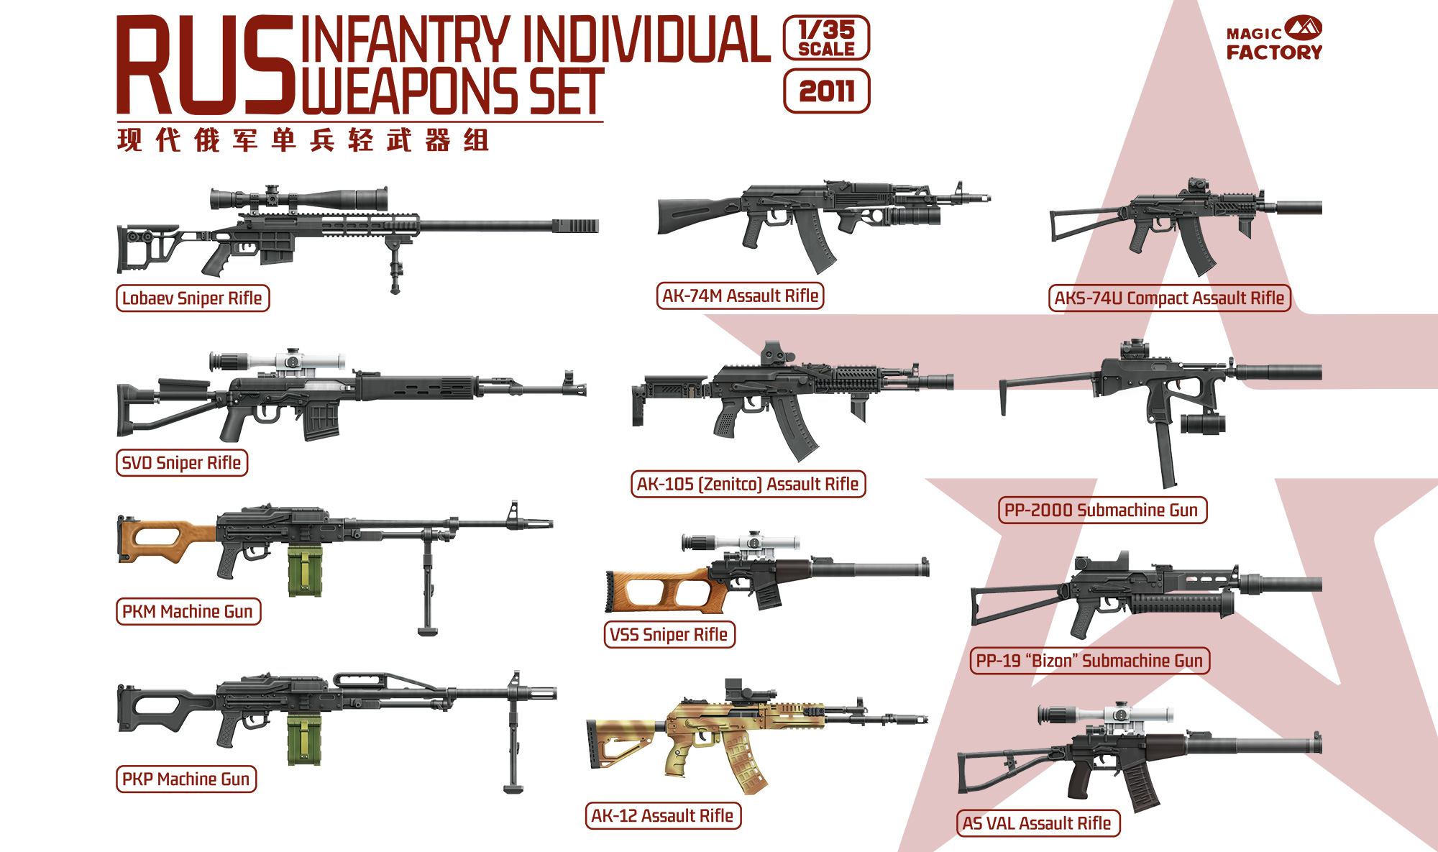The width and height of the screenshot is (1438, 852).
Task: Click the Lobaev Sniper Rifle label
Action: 193,298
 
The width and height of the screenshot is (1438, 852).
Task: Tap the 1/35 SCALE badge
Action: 826,39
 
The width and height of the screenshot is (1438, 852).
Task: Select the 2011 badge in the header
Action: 826,91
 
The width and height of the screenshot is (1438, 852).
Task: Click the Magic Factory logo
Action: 1274,39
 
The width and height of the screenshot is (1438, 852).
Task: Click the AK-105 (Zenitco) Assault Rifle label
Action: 748,485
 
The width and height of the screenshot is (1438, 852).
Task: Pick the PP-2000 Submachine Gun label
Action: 1102,510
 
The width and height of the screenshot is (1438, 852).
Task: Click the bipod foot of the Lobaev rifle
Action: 395,288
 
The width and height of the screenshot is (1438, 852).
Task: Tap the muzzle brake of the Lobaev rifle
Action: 575,226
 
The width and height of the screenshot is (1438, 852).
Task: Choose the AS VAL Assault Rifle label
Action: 1038,823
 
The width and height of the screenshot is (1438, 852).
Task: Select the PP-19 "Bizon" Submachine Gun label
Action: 1089,661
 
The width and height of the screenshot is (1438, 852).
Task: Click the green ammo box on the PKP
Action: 305,740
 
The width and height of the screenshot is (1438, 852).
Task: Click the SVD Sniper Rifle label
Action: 182,463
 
